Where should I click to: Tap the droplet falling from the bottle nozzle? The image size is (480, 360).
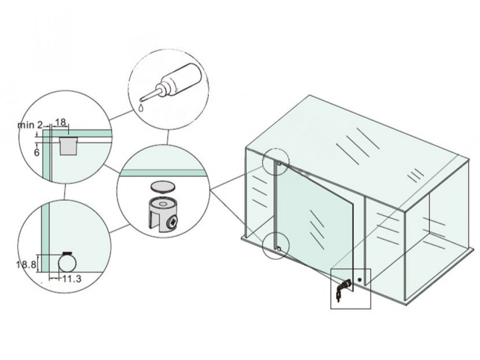click(x=140, y=107)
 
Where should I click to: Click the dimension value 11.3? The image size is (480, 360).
click(x=71, y=278)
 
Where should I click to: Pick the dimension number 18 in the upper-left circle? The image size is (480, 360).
click(x=61, y=123)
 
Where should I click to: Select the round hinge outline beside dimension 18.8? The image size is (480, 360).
click(x=67, y=264)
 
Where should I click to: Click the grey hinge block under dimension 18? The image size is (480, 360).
click(x=68, y=145)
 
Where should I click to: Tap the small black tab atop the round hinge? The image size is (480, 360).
click(x=67, y=253)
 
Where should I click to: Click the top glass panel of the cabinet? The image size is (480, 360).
click(x=355, y=144)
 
